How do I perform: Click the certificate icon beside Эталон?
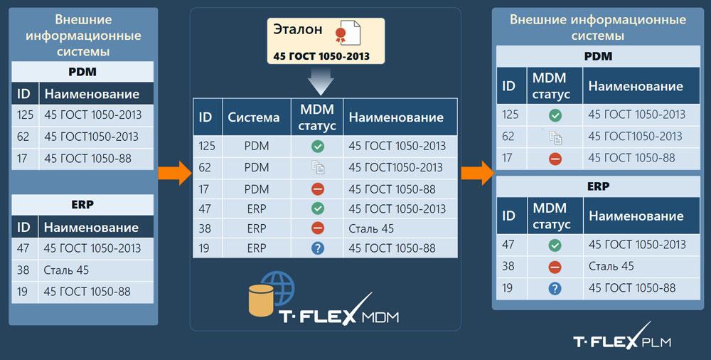pyautogui.click(x=348, y=33)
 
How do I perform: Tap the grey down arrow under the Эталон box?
pyautogui.click(x=321, y=81)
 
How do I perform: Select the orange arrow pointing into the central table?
pyautogui.click(x=175, y=173)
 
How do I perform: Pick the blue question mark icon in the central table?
pyautogui.click(x=318, y=248)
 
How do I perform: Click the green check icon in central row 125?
pyautogui.click(x=318, y=146)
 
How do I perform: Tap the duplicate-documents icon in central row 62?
pyautogui.click(x=318, y=167)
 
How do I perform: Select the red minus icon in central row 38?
pyautogui.click(x=318, y=228)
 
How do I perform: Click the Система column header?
pyautogui.click(x=254, y=117)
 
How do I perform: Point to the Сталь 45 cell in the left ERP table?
pyautogui.click(x=66, y=270)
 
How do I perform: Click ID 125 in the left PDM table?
pyautogui.click(x=26, y=115)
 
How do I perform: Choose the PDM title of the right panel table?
pyautogui.click(x=598, y=56)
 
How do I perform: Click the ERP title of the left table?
pyautogui.click(x=82, y=205)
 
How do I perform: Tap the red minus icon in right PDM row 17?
pyautogui.click(x=555, y=159)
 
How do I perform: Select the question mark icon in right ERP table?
pyautogui.click(x=555, y=288)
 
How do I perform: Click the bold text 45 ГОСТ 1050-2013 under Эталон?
pyautogui.click(x=321, y=57)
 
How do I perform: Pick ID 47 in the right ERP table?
pyautogui.click(x=508, y=245)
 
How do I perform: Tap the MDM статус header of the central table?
pyautogui.click(x=317, y=117)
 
